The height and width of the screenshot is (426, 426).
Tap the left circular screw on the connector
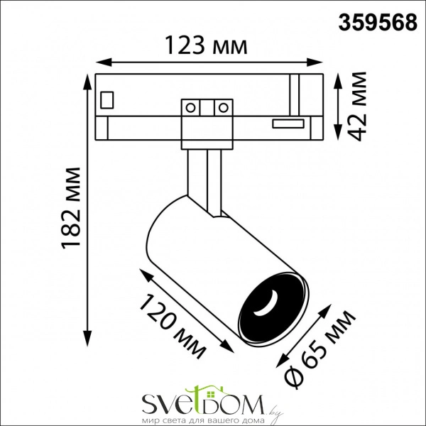(191, 108)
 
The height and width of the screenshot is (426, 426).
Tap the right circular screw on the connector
(223, 108)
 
